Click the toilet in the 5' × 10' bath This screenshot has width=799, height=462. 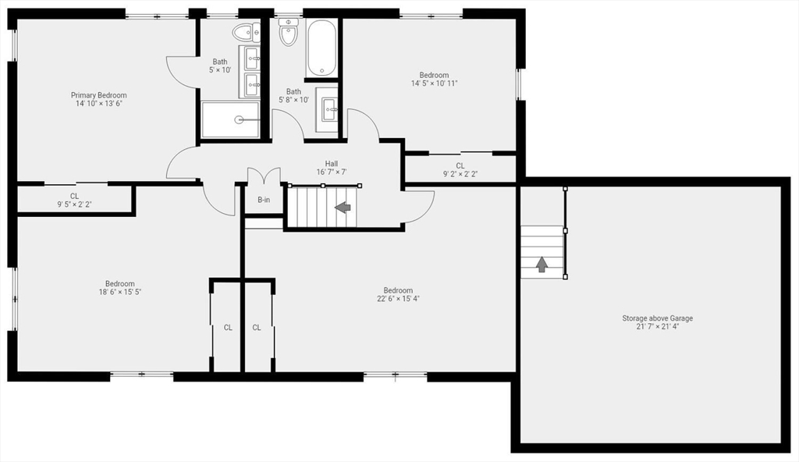tap(246, 31)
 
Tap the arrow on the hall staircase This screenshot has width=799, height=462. tap(342, 208)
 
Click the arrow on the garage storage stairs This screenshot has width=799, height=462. tap(542, 264)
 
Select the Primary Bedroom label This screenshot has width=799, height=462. tap(98, 95)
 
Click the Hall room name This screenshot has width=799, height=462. tap(332, 163)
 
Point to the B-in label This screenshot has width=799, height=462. tap(264, 200)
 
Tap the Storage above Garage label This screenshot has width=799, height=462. tap(657, 318)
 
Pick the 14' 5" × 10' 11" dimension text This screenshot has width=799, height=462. tap(434, 84)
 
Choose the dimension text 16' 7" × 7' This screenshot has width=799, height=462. tap(332, 172)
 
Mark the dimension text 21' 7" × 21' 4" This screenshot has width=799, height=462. tap(657, 326)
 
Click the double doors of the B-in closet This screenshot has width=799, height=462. tap(263, 177)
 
